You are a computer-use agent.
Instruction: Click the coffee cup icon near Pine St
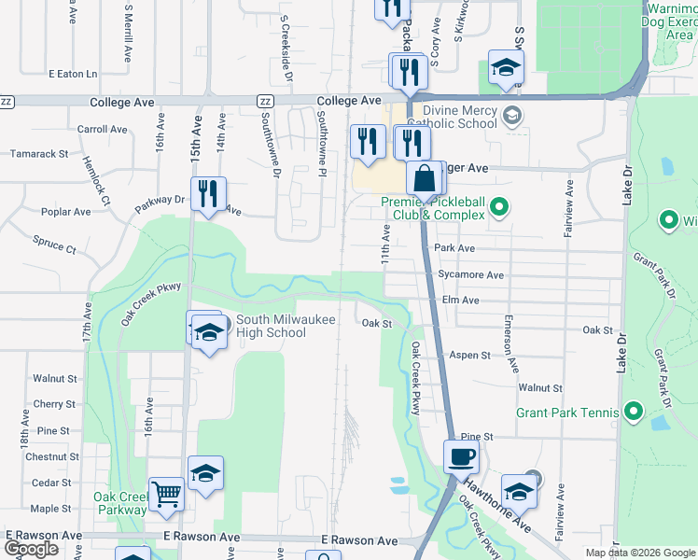tap(461, 457)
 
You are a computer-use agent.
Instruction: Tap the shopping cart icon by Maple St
tap(166, 494)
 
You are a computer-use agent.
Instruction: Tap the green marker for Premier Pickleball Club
tap(499, 206)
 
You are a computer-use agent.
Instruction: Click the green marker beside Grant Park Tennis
tap(634, 411)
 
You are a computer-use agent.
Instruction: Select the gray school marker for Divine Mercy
tap(510, 116)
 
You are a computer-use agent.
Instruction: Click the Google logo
tap(31, 549)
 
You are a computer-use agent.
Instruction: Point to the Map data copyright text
tap(638, 553)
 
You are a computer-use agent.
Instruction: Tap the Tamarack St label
tap(38, 153)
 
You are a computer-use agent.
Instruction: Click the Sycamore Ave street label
tap(470, 275)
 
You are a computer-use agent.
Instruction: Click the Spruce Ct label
tap(53, 247)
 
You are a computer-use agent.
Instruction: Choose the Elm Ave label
tap(460, 301)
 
